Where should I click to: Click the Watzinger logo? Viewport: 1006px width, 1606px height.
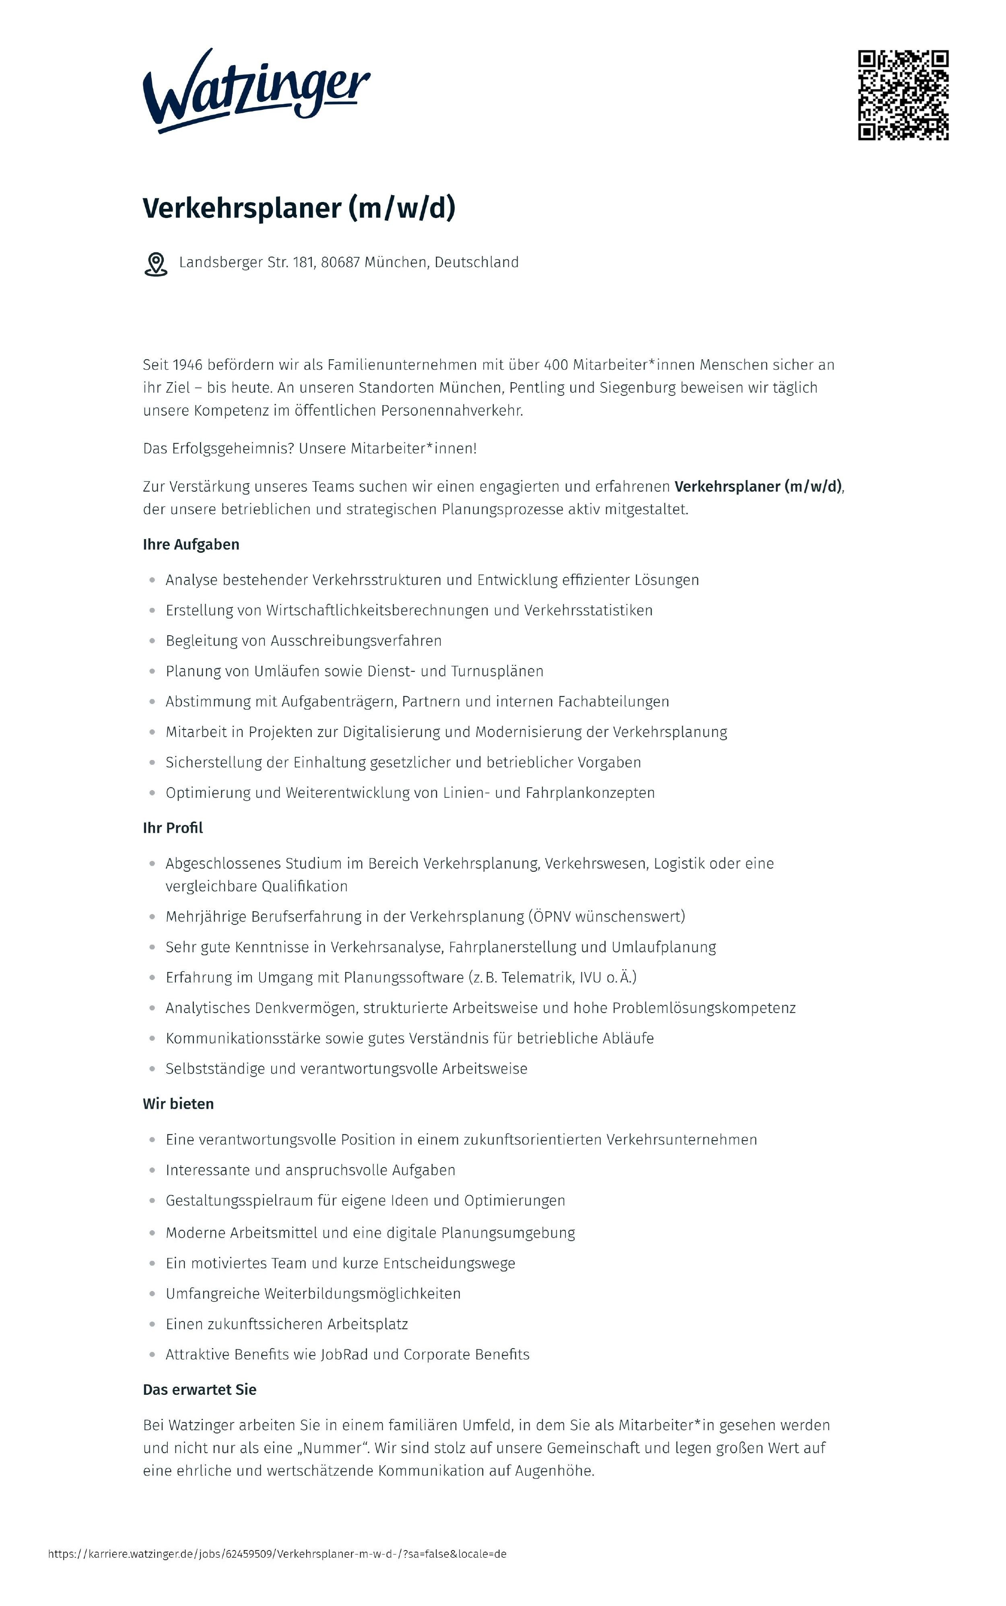(256, 91)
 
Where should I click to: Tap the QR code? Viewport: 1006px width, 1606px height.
(903, 95)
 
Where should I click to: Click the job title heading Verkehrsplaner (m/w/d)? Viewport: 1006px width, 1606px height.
(299, 208)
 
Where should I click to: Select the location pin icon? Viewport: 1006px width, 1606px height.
(156, 264)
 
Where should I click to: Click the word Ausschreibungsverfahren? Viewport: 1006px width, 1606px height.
(356, 640)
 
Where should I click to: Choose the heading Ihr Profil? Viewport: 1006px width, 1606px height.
(173, 828)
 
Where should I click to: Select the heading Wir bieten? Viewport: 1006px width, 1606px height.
(178, 1104)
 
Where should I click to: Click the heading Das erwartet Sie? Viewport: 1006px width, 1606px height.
(200, 1390)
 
